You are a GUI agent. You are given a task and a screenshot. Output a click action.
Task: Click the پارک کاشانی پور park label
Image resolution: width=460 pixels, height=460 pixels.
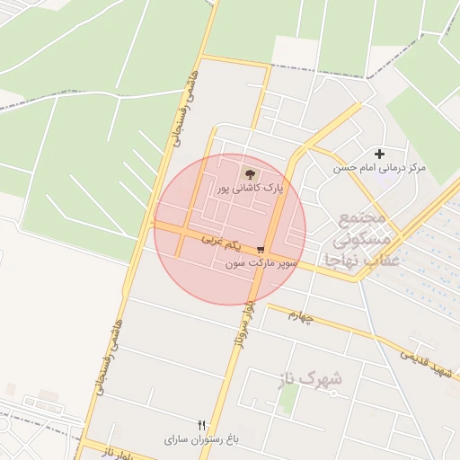click(x=250, y=189)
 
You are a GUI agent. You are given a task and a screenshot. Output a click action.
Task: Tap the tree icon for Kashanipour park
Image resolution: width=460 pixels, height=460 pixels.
click(x=249, y=173)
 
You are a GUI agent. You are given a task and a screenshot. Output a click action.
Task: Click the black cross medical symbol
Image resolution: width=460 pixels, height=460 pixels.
click(x=379, y=154)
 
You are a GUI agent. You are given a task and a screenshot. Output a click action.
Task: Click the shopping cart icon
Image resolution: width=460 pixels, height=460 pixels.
click(x=261, y=250)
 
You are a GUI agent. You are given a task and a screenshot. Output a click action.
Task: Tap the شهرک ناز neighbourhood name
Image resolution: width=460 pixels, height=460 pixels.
click(x=317, y=379)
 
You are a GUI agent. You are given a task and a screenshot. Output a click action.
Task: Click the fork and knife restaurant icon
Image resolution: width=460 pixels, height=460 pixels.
click(x=201, y=425)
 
